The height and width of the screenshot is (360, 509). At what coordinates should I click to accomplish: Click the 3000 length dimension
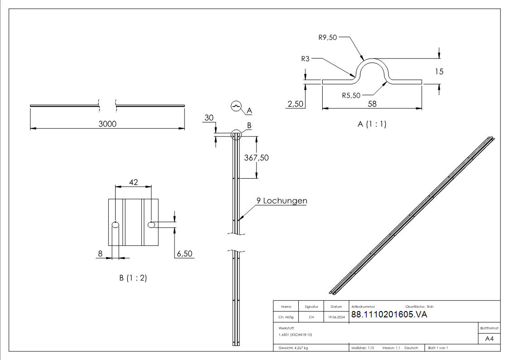[x=107, y=124]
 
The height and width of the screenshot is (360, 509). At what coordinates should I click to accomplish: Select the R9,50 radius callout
[x=328, y=37]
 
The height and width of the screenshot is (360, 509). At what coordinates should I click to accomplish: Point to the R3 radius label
[x=305, y=59]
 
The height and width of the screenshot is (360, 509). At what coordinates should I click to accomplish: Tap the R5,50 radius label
[x=351, y=95]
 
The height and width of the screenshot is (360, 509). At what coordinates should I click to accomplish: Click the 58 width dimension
[x=372, y=104]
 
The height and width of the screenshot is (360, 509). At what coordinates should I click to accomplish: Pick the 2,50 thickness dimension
[x=296, y=104]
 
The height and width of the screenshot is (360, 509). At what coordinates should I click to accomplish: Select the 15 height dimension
[x=439, y=72]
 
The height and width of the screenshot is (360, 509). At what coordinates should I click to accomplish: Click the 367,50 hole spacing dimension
[x=257, y=158]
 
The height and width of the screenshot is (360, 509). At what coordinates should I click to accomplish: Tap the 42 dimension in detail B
[x=133, y=182]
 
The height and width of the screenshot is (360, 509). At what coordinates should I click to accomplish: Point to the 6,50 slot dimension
[x=185, y=253]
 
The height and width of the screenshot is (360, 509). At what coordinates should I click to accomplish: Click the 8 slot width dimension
[x=100, y=253]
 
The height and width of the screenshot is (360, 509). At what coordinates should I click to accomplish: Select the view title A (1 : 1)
[x=372, y=124]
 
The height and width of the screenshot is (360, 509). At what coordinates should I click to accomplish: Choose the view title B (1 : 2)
[x=133, y=278]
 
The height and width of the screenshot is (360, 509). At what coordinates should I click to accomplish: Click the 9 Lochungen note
[x=282, y=200]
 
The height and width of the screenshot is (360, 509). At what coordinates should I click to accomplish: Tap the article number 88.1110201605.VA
[x=389, y=314]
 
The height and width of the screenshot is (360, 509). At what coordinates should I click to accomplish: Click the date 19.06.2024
[x=336, y=317]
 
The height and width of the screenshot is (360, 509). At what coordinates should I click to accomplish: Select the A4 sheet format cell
[x=489, y=339]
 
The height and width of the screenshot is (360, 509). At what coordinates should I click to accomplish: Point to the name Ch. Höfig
[x=286, y=317]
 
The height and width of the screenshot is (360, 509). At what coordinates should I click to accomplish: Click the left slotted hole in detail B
[x=115, y=224]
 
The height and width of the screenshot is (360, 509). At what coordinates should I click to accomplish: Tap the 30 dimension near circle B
[x=209, y=117]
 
